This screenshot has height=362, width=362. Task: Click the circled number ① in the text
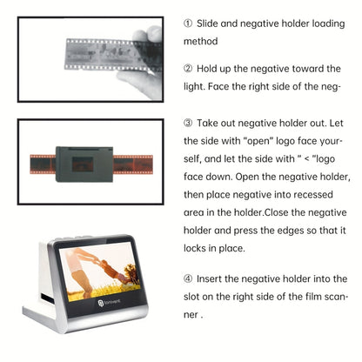click(x=189, y=22)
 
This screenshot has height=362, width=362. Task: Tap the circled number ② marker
click(x=189, y=68)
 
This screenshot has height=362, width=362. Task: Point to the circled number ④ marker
click(x=189, y=279)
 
